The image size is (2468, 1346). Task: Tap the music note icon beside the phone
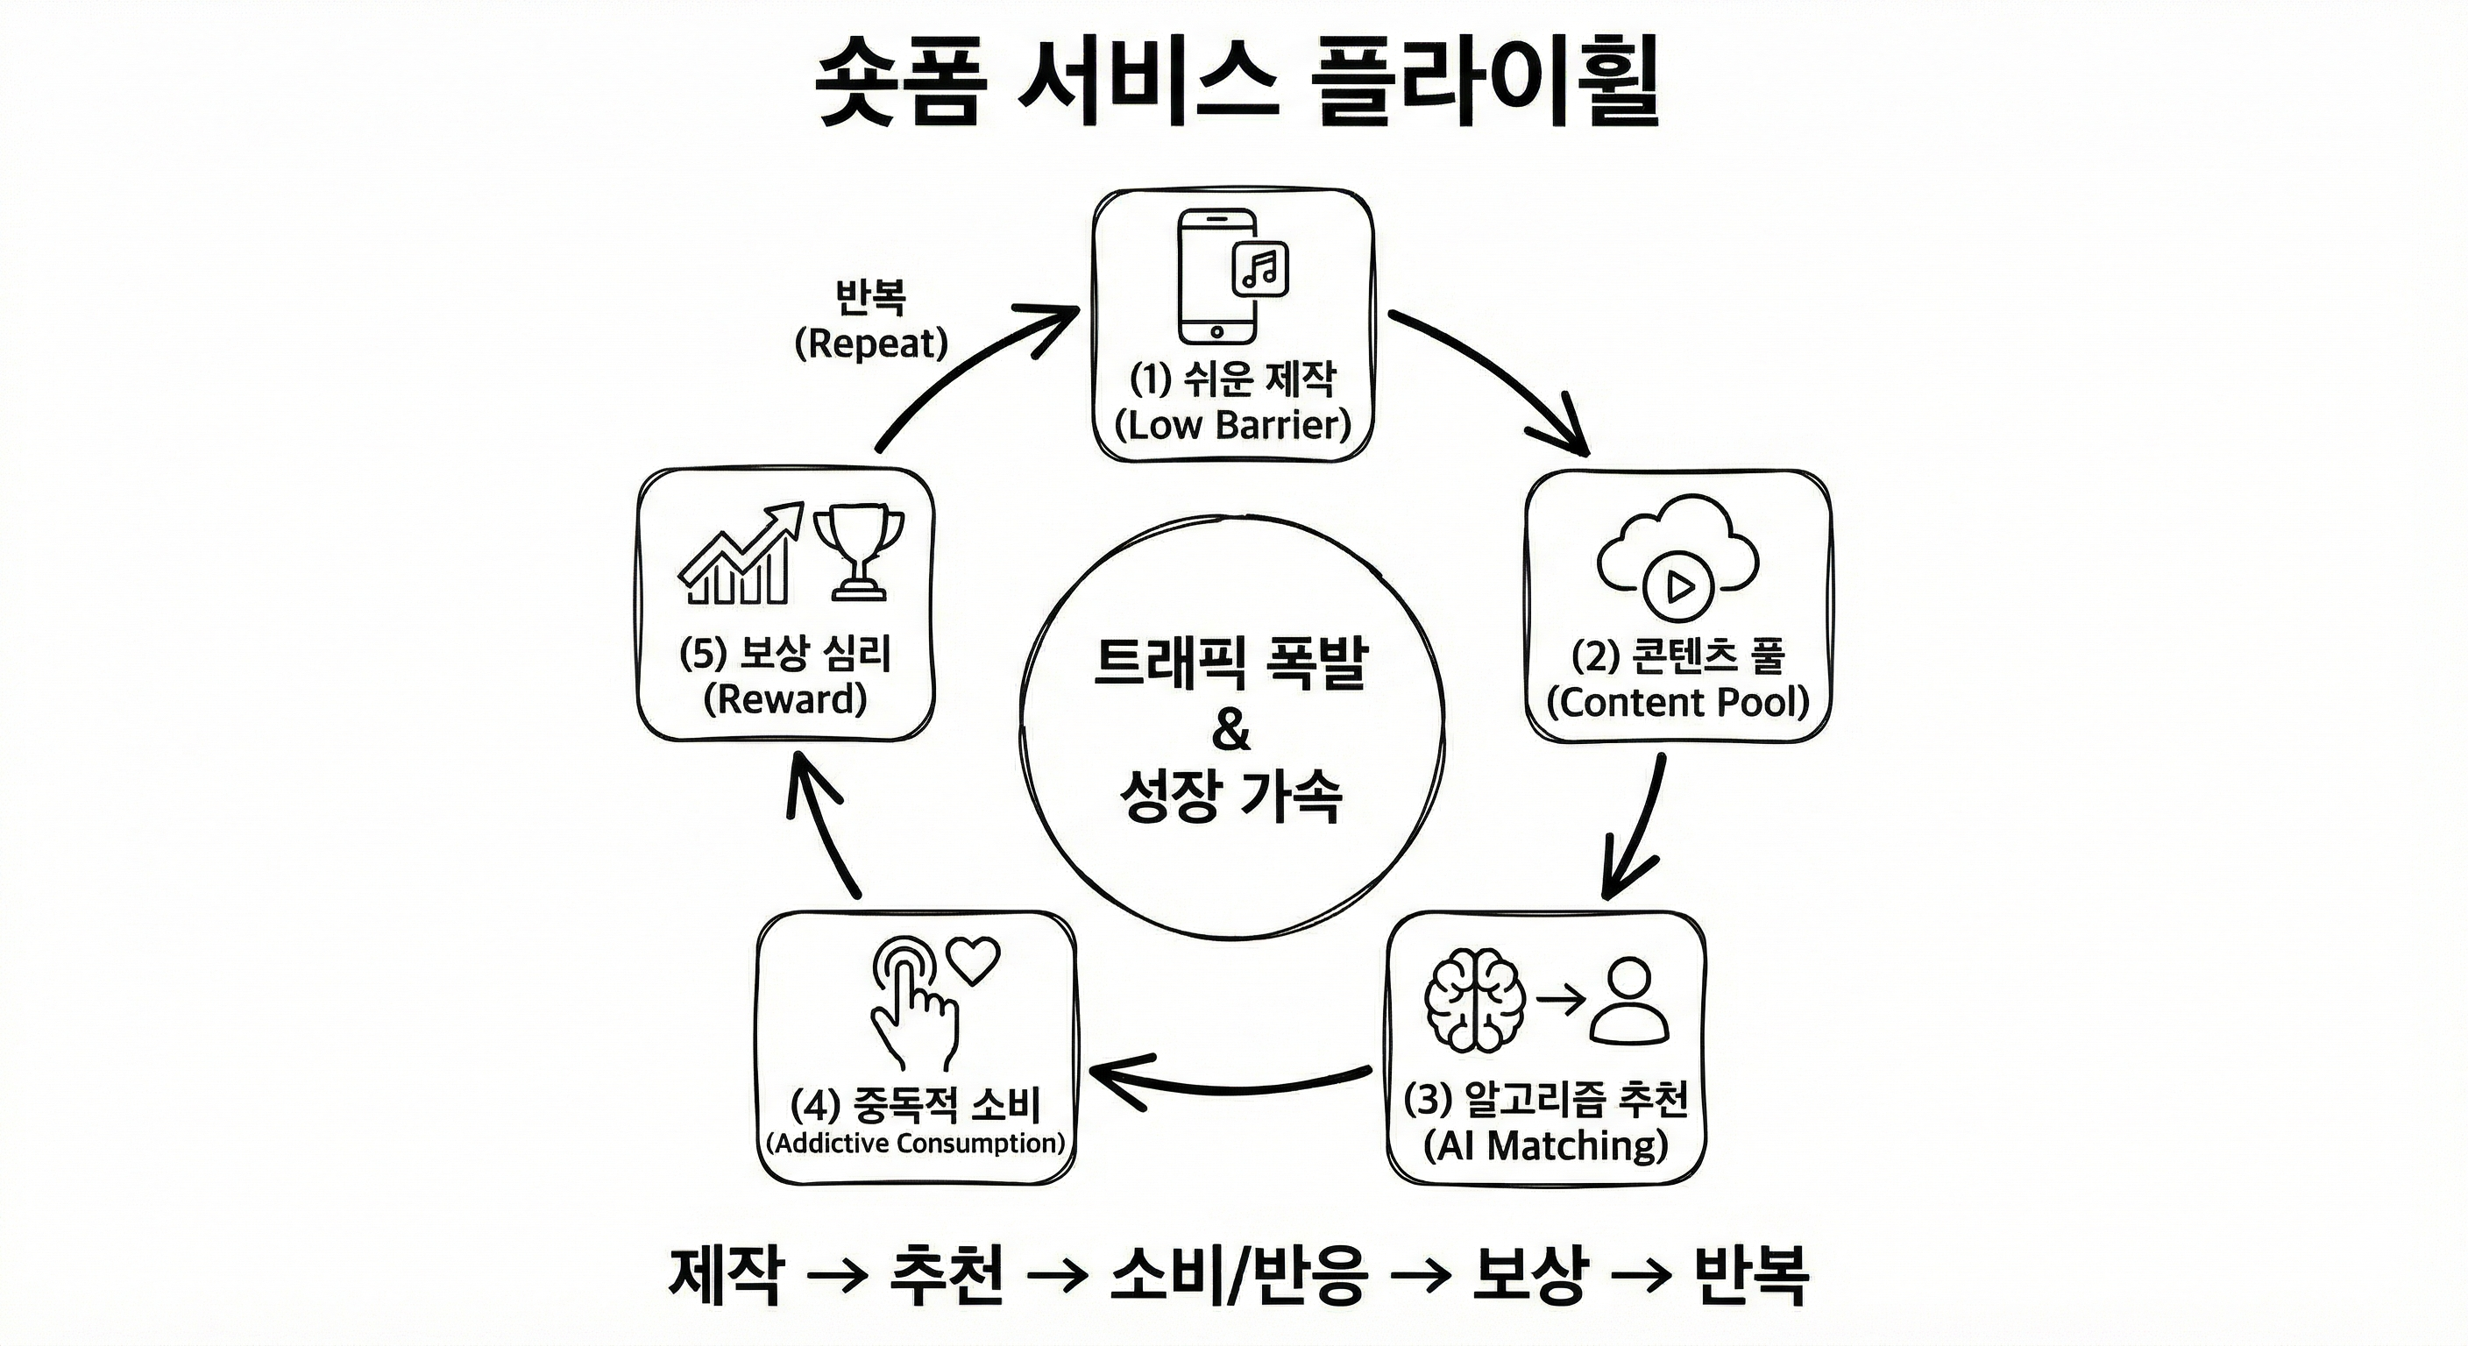tap(1261, 268)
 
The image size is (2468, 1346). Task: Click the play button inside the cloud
tap(1678, 585)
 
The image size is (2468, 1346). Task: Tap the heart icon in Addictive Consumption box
tap(973, 960)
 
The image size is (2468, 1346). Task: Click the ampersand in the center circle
tap(1231, 730)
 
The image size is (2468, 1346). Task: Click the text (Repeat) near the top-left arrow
tap(871, 343)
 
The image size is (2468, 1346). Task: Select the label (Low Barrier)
tap(1233, 424)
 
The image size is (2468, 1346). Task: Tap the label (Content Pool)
tap(1677, 702)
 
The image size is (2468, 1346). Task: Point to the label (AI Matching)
tap(1546, 1144)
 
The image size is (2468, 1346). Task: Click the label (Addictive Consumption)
tap(916, 1143)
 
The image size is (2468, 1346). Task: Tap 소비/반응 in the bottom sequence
tap(1237, 1275)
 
